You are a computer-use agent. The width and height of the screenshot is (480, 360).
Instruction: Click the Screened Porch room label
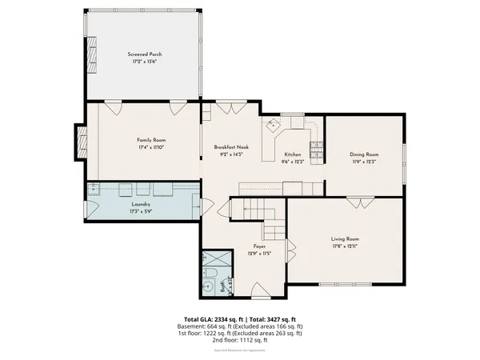click(x=145, y=54)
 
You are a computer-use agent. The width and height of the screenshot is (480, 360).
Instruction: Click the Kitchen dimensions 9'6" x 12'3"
click(x=292, y=162)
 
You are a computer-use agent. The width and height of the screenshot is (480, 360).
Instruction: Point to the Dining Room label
click(x=364, y=154)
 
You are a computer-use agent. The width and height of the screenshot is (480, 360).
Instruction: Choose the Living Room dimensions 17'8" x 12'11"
click(x=346, y=246)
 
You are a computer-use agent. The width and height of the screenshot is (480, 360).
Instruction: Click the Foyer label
click(x=259, y=246)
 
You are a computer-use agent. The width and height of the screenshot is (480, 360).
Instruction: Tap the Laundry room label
click(x=142, y=206)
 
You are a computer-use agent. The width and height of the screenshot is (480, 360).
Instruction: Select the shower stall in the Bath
click(x=213, y=259)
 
